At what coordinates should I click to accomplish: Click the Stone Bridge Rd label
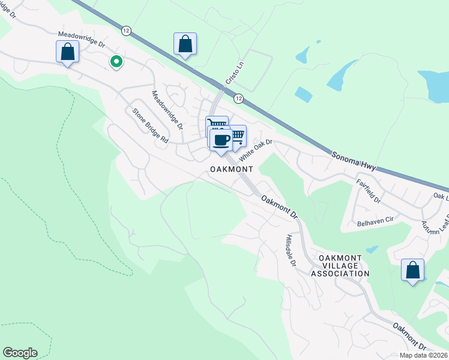pos(150,125)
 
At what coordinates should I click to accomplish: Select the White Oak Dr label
pos(256,149)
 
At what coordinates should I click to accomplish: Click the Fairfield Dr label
pos(368,190)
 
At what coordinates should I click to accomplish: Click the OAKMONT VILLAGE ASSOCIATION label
pos(340,265)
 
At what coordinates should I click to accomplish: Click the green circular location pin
pos(116,61)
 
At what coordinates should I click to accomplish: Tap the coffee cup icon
pos(221,140)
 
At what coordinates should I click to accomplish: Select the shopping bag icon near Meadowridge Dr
pos(68,52)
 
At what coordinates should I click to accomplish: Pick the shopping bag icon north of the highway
pos(185,44)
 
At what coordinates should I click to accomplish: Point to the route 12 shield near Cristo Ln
pos(238,98)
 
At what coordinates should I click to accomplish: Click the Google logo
pos(20,353)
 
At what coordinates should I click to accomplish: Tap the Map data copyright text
pos(424,355)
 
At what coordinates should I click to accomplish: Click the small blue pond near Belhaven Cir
pos(372,248)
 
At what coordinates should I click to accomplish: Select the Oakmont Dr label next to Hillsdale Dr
pos(280,205)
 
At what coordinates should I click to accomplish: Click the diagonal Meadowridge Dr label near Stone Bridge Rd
pos(167,110)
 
